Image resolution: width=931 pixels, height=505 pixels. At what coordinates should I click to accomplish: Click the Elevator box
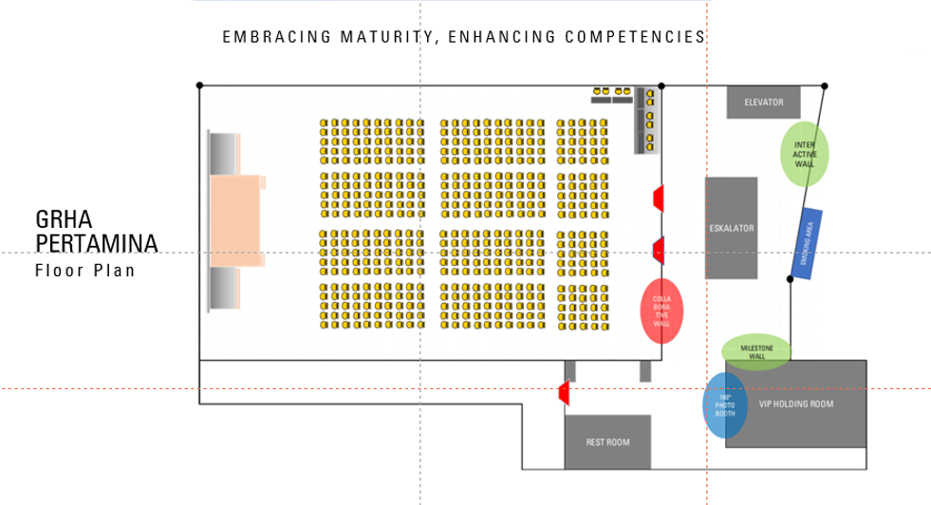pos(763,103)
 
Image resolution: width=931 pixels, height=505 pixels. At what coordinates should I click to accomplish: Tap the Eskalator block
pos(731,228)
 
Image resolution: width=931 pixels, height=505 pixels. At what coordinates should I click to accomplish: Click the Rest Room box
pos(607,442)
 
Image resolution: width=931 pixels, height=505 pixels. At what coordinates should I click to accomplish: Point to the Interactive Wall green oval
pos(805,153)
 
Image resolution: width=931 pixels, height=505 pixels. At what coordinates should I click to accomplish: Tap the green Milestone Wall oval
pos(755,351)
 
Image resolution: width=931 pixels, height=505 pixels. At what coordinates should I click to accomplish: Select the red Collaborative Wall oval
pos(661,310)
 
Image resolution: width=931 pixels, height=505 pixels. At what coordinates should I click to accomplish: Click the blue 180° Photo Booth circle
pos(724,405)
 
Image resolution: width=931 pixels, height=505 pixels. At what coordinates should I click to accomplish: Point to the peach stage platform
pos(235,220)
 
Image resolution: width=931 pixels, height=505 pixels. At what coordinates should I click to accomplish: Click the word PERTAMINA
pos(96,244)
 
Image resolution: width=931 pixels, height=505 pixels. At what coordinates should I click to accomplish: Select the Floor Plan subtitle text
pos(84,271)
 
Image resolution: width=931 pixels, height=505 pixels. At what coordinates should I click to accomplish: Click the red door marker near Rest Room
pos(563,391)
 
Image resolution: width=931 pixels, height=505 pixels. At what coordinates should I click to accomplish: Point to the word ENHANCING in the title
pos(500,38)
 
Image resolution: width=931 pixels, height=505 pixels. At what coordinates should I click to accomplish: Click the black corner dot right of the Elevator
pos(824,85)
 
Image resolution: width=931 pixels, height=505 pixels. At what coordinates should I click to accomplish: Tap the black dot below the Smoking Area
pos(791,279)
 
